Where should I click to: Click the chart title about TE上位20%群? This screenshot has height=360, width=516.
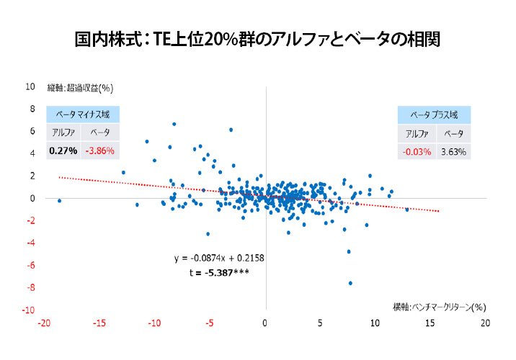tap(257, 38)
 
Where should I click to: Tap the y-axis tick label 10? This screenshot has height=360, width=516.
tap(30, 86)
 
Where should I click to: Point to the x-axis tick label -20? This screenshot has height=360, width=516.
tap(45, 323)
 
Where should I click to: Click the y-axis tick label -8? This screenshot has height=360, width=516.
tap(30, 288)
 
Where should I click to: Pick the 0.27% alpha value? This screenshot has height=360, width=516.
tap(63, 151)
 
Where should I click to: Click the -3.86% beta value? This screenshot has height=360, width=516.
tap(99, 151)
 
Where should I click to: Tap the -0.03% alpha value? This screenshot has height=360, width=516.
tap(416, 151)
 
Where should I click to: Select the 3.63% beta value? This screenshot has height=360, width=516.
tap(454, 151)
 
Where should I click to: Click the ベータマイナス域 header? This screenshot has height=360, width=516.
tap(82, 114)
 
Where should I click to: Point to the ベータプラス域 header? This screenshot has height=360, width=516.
tap(435, 114)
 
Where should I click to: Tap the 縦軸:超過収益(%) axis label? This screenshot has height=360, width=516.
tap(81, 88)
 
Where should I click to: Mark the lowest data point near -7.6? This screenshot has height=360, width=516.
tap(350, 283)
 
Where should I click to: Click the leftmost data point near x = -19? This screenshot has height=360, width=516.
tap(59, 201)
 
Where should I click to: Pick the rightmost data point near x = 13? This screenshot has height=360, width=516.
tap(407, 210)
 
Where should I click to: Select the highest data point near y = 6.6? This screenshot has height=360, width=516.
tap(174, 124)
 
